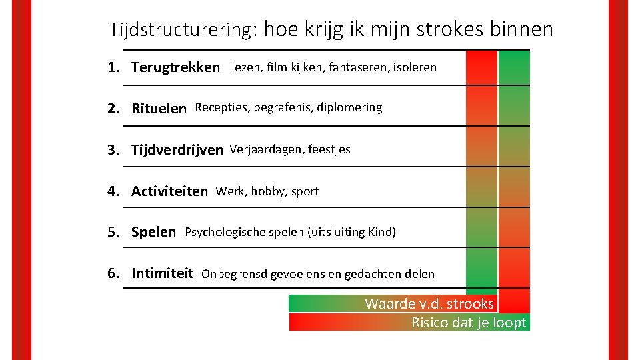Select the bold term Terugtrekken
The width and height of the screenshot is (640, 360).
click(x=175, y=67)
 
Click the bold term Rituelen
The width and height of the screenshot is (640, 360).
click(x=159, y=108)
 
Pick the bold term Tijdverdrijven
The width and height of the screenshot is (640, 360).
click(x=177, y=150)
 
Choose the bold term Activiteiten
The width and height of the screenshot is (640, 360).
click(x=169, y=191)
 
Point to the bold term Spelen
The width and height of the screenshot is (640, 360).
click(x=153, y=232)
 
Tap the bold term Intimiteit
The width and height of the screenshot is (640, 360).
click(x=162, y=273)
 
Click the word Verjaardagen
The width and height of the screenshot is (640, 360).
click(x=265, y=149)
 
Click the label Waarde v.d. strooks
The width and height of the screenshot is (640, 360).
click(x=429, y=304)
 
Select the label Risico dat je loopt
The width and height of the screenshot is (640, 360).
click(x=469, y=323)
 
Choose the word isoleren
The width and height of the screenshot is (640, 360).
click(x=415, y=67)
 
